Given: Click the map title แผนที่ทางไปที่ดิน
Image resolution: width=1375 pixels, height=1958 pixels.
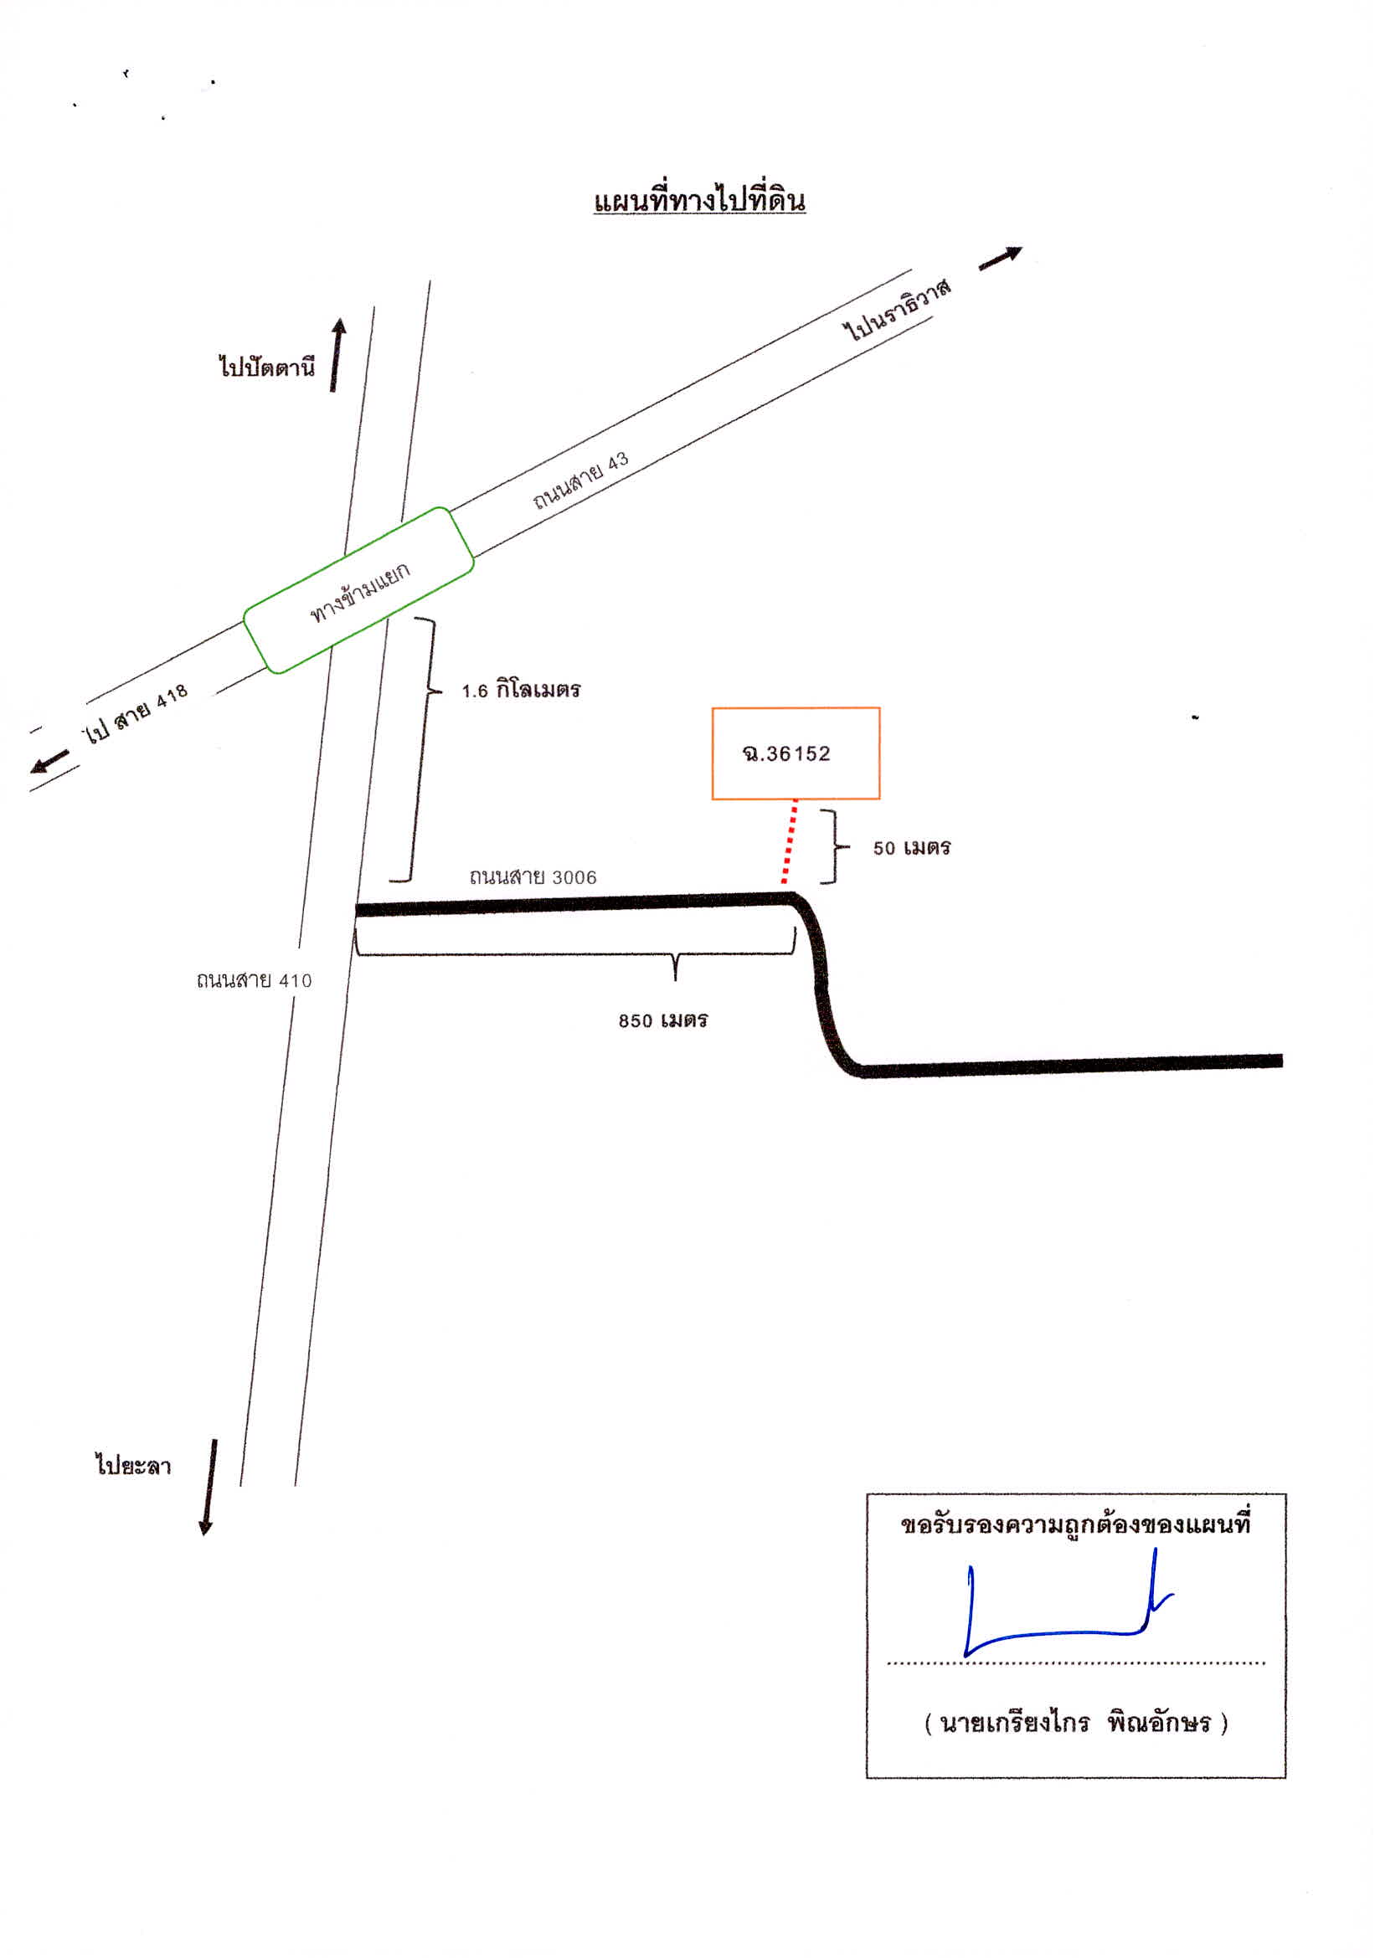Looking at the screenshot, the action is tap(699, 200).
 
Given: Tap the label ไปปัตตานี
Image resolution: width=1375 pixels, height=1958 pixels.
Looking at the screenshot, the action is tap(267, 367).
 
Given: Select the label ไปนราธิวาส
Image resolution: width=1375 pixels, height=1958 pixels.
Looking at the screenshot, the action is tap(897, 309).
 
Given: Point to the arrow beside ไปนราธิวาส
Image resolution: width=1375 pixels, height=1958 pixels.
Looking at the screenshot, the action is tap(1000, 259).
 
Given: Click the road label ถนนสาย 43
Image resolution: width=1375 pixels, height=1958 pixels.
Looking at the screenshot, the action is tap(581, 481).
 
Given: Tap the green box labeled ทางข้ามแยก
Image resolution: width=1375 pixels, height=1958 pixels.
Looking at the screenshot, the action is tap(358, 590).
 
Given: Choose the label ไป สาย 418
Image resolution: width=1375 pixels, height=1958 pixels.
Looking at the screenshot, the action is tap(135, 713).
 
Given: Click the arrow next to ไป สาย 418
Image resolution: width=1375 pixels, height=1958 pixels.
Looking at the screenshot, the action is tap(49, 761).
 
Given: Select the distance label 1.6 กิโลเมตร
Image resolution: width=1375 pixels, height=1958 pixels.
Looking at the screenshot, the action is tap(521, 689).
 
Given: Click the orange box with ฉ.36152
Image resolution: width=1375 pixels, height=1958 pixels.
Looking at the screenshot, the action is tap(796, 753).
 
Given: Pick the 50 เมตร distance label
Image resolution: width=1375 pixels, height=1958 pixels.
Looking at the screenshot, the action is tap(912, 847).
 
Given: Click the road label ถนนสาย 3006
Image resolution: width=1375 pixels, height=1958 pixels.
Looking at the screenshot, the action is tap(533, 876).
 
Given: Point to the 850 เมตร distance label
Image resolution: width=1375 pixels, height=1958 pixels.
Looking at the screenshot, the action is tap(662, 1020).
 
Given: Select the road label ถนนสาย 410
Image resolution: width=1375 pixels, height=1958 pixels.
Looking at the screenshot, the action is tap(255, 980).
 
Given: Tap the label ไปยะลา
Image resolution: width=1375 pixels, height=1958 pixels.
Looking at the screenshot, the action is tap(133, 1465).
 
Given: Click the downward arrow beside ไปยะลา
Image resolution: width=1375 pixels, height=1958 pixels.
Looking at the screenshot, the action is tap(209, 1488).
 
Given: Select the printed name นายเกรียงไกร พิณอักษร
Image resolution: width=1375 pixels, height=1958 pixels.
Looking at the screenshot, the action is tap(1075, 1723).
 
